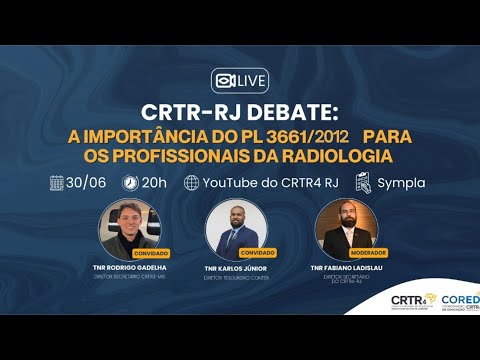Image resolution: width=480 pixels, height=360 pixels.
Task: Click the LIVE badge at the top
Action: click(239, 80)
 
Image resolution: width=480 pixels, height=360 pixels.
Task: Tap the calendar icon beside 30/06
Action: click(58, 183)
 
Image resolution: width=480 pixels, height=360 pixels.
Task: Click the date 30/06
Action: click(88, 183)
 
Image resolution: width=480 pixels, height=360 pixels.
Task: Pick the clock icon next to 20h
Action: click(130, 183)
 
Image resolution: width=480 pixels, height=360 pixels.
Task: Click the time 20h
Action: click(155, 183)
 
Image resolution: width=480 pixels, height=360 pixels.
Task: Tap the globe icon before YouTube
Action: click(192, 183)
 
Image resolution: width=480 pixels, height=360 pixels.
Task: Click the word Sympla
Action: click(400, 183)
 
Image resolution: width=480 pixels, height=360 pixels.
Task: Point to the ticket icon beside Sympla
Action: click(363, 183)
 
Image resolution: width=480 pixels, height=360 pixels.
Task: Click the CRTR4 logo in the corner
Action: click(408, 302)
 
